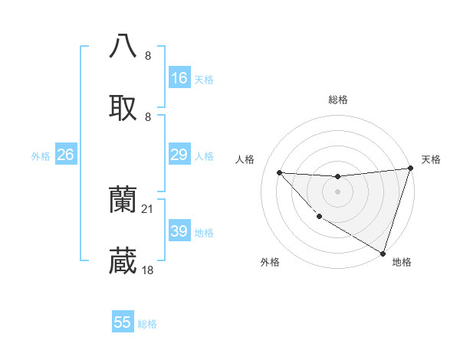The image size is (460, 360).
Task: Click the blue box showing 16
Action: point(179,78)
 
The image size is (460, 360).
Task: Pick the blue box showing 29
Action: point(179,155)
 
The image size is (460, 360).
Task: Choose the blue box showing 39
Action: point(179,231)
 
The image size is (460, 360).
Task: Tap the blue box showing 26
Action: point(66,155)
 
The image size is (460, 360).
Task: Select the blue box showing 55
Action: point(123,322)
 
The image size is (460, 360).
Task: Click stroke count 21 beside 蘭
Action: point(148,208)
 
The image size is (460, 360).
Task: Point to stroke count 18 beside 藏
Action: point(148,270)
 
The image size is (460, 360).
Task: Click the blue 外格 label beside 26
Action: point(41,156)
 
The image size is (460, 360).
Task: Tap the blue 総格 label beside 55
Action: point(147,324)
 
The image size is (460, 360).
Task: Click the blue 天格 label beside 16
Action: point(204,79)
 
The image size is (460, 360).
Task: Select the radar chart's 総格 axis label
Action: point(337,100)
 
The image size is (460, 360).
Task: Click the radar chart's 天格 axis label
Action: point(431,159)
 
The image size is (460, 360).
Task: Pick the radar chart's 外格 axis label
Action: point(270,263)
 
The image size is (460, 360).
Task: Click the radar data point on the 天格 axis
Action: point(410,169)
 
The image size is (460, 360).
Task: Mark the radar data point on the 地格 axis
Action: point(383,253)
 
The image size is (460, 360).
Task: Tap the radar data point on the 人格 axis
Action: point(279,172)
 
